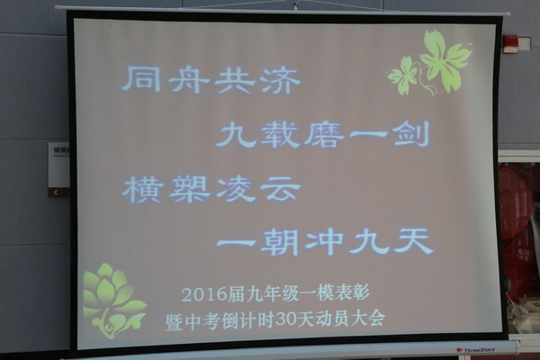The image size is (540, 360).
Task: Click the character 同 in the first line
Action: [142, 79]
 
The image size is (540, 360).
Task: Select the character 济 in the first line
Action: [280, 80]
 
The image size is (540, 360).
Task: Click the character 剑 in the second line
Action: [411, 134]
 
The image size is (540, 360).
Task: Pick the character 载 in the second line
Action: [279, 134]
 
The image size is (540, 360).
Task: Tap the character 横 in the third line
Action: [142, 188]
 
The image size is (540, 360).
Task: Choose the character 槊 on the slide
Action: [189, 189]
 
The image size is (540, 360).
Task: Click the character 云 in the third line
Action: [280, 190]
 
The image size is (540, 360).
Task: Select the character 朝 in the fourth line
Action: [279, 242]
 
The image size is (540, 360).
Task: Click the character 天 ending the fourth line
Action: [413, 241]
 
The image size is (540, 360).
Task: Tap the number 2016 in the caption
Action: [203, 294]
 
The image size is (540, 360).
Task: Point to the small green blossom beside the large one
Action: [403, 76]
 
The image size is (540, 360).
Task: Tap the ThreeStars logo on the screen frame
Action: [476, 350]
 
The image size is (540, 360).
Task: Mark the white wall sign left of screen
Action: [58, 165]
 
